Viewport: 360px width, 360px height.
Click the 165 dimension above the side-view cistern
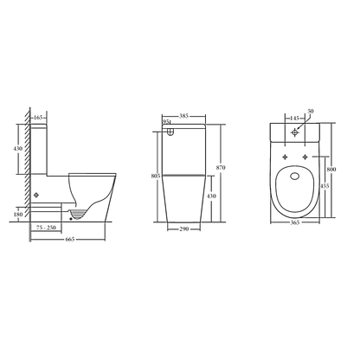click(x=38, y=118)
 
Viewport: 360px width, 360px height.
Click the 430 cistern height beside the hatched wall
click(x=18, y=149)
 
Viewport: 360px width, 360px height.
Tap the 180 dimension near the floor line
click(x=18, y=215)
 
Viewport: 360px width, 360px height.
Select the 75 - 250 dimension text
click(x=46, y=228)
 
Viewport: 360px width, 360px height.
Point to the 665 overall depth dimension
click(x=70, y=239)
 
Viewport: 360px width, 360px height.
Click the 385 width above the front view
click(x=183, y=116)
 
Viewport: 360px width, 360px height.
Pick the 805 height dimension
click(x=156, y=176)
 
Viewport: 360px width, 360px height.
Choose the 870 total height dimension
click(x=221, y=168)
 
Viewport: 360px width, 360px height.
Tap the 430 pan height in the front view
click(x=211, y=196)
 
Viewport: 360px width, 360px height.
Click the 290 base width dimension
click(x=184, y=229)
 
